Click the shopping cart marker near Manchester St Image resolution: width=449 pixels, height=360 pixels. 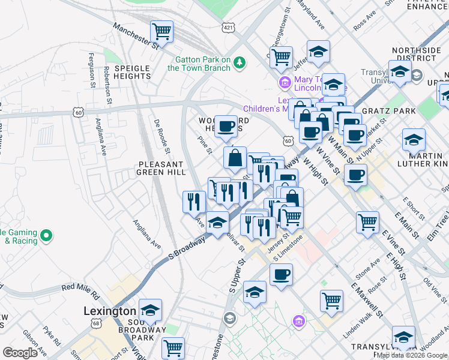(x=161, y=31)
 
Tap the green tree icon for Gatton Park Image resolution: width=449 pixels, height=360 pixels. (x=240, y=62)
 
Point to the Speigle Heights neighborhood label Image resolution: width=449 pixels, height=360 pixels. (x=131, y=72)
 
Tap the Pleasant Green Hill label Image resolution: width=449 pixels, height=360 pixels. (x=160, y=168)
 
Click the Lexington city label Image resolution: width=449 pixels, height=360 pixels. (x=109, y=311)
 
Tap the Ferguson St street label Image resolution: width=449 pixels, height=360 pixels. (x=93, y=71)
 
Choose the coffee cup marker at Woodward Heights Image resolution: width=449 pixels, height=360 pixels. (x=226, y=126)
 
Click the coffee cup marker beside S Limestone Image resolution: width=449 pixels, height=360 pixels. (x=280, y=275)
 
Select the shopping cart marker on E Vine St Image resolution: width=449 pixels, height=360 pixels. (x=367, y=221)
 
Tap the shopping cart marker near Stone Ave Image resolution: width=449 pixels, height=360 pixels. (x=331, y=301)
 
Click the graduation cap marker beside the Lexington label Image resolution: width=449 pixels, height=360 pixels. (x=150, y=310)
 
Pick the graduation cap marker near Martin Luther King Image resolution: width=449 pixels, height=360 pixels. (x=414, y=140)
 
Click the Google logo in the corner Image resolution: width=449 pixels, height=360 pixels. (x=20, y=353)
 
